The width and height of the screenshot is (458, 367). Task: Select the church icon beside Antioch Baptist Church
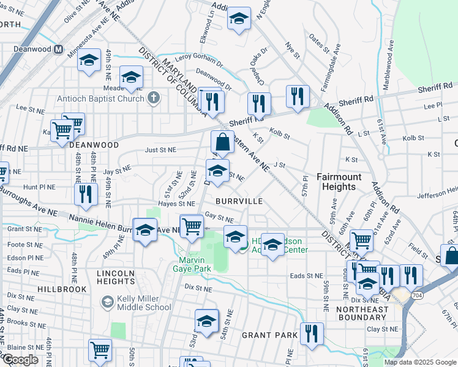(153, 97)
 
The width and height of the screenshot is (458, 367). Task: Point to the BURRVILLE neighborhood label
(239, 201)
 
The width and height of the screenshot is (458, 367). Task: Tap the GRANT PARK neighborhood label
(269, 335)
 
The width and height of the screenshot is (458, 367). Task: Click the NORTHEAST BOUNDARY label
(362, 313)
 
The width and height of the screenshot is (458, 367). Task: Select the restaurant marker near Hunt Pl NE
(86, 194)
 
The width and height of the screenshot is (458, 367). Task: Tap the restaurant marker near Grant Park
(312, 333)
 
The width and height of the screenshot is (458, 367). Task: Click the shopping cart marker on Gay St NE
(192, 226)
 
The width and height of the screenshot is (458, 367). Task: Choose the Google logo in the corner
(21, 360)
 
